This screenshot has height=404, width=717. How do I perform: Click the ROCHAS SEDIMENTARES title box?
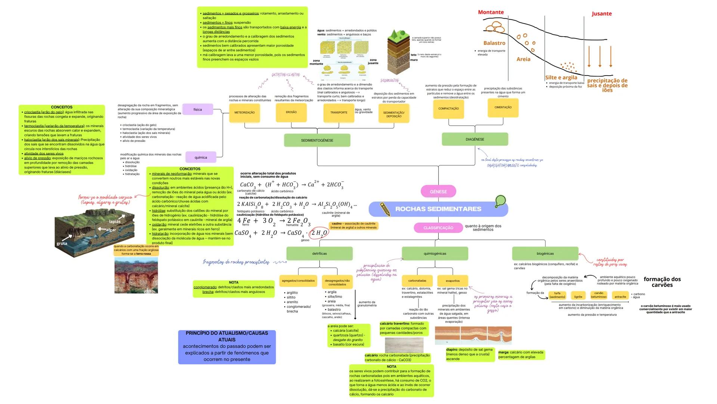(438, 209)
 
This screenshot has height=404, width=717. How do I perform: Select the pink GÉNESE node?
(438, 192)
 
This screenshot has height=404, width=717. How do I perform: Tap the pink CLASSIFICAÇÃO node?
(438, 228)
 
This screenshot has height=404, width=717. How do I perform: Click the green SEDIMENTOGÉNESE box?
(317, 140)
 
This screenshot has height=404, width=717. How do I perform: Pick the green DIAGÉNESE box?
(475, 139)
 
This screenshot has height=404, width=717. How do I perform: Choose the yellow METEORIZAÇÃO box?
(244, 113)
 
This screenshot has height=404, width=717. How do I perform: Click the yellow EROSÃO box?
(291, 112)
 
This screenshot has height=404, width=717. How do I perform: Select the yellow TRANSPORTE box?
(339, 113)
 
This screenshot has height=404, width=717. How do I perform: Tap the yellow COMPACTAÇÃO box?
(448, 108)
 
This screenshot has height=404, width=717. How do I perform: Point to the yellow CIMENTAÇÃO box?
(503, 107)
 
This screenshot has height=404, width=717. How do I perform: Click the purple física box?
(198, 110)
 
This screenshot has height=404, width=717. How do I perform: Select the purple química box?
(201, 157)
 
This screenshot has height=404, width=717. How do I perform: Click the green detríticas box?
(319, 254)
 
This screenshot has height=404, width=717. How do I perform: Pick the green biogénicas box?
(545, 254)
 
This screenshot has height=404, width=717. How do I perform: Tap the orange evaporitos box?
(452, 281)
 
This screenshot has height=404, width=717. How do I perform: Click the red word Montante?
(491, 12)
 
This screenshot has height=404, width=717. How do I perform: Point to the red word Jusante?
(602, 14)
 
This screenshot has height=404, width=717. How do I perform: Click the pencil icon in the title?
(385, 209)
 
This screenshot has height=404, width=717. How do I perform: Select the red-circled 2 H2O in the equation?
(319, 233)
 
